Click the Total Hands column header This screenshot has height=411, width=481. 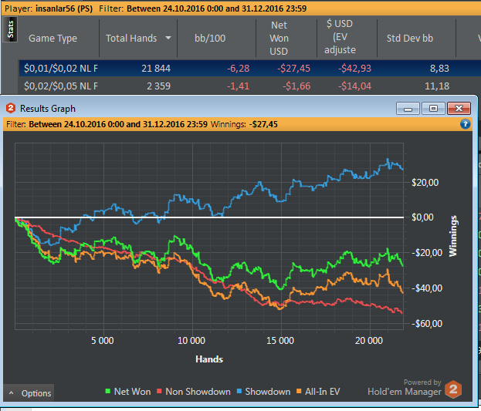131,38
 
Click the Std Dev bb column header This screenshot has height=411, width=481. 411,38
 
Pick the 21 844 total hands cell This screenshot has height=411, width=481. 151,68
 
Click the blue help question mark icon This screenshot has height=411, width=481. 466,123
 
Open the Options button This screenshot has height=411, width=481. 30,393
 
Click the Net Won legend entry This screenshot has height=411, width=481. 127,392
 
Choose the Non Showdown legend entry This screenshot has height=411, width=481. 192,392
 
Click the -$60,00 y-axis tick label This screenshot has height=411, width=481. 425,323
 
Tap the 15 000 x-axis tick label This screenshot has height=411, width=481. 280,340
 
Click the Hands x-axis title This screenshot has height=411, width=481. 209,359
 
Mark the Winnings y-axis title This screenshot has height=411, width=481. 456,235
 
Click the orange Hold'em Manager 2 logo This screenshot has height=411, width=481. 454,389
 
